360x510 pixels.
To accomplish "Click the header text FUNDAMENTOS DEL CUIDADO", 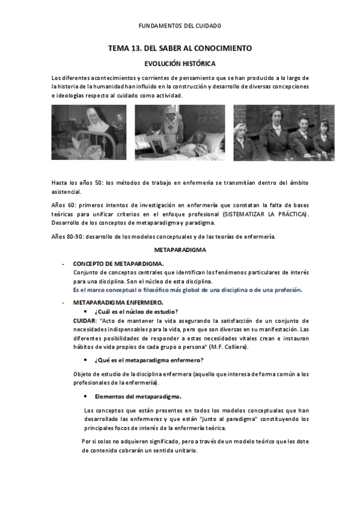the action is [180, 26].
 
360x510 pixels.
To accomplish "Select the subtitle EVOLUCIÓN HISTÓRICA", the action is [180, 63].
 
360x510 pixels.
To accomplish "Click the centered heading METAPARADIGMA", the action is [180, 249].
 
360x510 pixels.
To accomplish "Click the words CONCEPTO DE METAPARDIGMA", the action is [118, 263].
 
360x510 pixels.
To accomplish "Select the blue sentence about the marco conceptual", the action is [188, 289].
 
